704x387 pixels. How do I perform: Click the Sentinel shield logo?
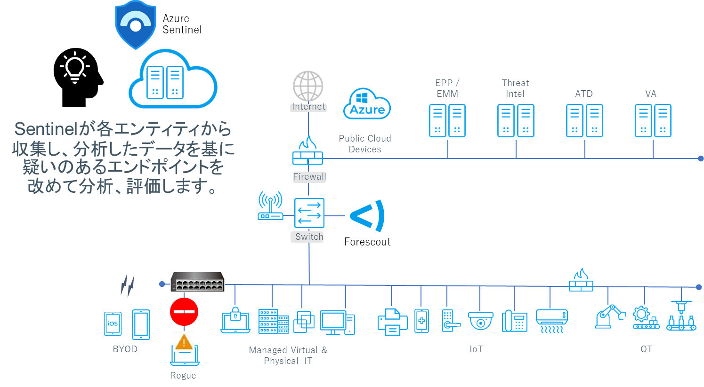(x=136, y=24)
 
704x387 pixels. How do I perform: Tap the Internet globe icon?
(x=308, y=86)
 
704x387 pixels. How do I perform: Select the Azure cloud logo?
(x=367, y=104)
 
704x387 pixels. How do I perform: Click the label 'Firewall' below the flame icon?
(x=309, y=177)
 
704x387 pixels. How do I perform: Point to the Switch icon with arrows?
(x=309, y=213)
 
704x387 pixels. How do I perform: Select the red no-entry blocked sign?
(x=184, y=311)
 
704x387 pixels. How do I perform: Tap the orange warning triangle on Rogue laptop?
(x=184, y=341)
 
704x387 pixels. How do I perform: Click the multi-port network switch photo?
(x=197, y=282)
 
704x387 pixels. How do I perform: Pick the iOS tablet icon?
(x=113, y=324)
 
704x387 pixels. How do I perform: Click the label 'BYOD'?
(x=125, y=349)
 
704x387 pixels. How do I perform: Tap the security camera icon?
(x=480, y=321)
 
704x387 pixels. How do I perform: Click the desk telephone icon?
(x=514, y=321)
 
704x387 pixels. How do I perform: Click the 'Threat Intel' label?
(x=515, y=88)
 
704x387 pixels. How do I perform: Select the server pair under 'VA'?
(x=653, y=121)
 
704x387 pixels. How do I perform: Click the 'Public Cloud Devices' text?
(x=364, y=143)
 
